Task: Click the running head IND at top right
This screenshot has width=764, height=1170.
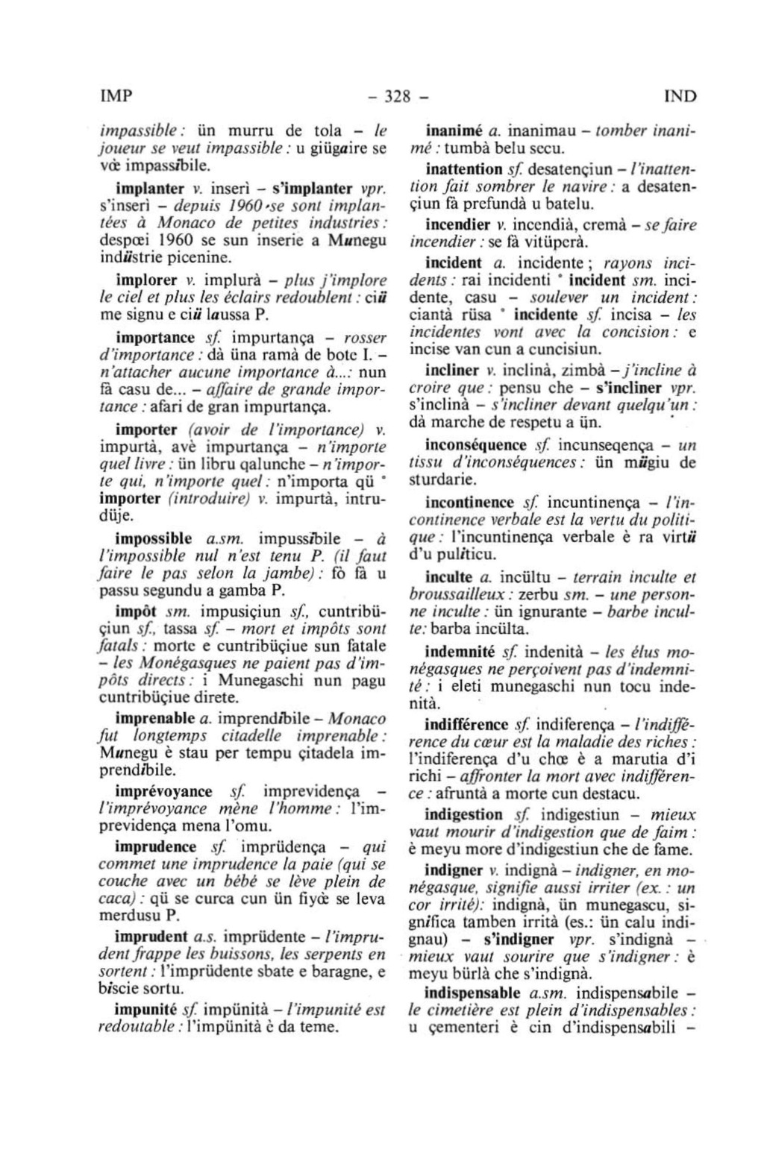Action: click(679, 96)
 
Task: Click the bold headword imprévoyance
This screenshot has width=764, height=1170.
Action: click(163, 791)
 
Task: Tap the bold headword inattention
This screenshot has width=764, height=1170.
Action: click(463, 169)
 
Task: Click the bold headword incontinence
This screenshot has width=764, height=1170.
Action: click(470, 503)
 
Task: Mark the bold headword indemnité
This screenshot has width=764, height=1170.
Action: click(460, 651)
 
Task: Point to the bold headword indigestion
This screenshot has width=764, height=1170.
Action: click(463, 814)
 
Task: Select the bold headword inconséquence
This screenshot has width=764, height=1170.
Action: click(475, 446)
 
